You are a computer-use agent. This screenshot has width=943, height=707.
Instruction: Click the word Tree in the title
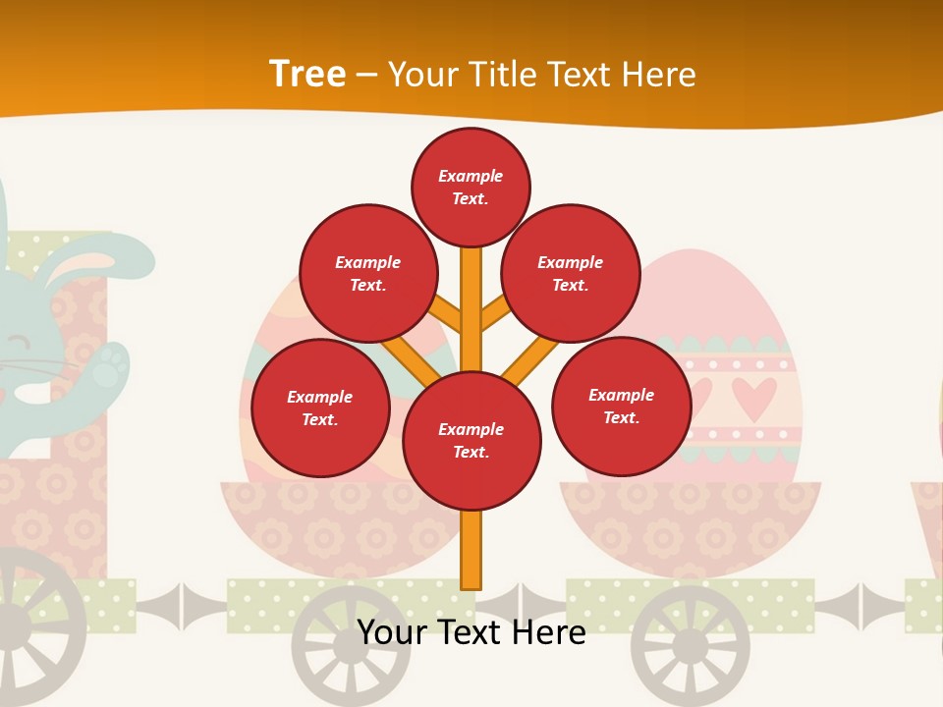pos(307,74)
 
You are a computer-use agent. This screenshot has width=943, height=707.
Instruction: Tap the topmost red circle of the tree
pos(471,187)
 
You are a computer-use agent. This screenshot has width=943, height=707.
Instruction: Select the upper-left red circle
pos(368,273)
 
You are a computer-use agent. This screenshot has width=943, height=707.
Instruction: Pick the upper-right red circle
pos(571,273)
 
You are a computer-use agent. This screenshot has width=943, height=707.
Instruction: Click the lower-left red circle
pos(320,408)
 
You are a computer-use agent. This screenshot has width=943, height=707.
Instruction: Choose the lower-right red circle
pos(621,406)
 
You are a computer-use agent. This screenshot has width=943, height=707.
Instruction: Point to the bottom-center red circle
pos(471,441)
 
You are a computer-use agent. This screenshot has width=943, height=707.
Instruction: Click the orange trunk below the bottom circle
pos(471,550)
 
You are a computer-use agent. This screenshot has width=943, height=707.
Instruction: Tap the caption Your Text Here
pos(471,632)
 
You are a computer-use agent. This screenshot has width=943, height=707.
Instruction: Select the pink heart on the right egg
pos(754,397)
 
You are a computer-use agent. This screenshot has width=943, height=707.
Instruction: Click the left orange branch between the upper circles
pos(448,315)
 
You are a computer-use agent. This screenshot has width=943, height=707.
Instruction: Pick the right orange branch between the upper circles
pos(494,314)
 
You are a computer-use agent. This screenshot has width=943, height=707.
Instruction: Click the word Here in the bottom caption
pos(545,632)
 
